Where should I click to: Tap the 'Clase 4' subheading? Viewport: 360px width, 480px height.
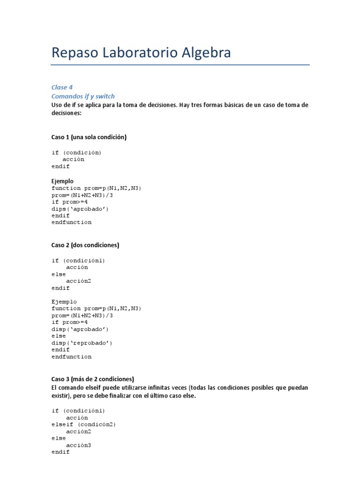[x=62, y=87]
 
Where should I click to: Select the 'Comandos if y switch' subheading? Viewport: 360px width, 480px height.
[x=83, y=96]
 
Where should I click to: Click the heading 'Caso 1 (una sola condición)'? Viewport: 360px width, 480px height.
[x=89, y=137]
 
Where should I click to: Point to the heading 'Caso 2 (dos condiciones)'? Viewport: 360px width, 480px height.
[x=85, y=245]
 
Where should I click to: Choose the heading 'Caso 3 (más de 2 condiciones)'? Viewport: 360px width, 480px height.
[x=92, y=379]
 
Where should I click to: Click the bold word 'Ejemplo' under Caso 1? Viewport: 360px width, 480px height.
[x=62, y=181]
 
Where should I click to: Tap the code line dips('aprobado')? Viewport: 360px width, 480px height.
[x=80, y=209]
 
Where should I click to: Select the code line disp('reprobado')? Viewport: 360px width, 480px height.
[x=82, y=343]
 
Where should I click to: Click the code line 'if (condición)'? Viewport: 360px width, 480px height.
[x=76, y=152]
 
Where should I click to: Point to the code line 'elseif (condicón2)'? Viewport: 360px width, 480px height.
[x=83, y=425]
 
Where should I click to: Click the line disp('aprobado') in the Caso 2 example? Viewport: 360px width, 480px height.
[x=80, y=329]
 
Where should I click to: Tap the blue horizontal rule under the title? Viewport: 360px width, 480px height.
[x=180, y=65]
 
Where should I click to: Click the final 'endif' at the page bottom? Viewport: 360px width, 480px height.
[x=60, y=452]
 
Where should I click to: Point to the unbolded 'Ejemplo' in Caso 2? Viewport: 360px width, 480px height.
[x=64, y=302]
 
